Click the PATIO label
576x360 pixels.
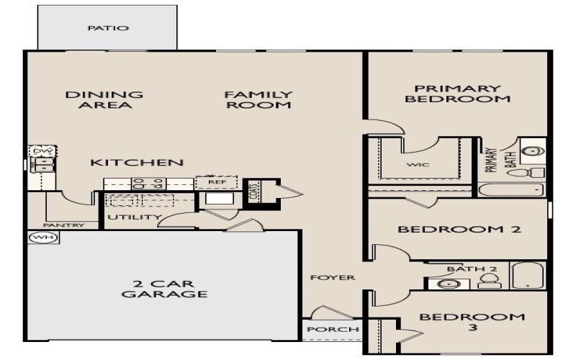[108, 29]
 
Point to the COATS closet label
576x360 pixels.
[253, 192]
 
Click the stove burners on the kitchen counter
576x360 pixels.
[148, 183]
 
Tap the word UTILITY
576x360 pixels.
[135, 217]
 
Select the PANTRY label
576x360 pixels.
[64, 225]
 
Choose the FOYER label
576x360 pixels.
[333, 278]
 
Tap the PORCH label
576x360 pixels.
[333, 330]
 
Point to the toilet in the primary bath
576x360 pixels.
[536, 174]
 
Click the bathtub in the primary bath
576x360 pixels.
[512, 190]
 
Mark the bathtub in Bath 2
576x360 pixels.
[528, 275]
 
